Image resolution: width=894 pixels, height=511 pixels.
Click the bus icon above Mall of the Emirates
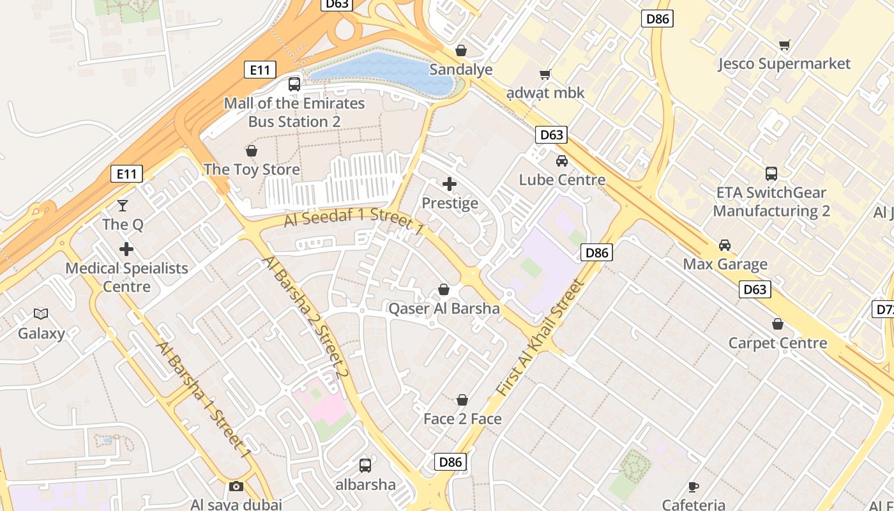point(294,84)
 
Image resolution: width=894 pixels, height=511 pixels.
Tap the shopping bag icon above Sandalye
point(460,50)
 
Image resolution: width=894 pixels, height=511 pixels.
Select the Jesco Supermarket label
point(784,64)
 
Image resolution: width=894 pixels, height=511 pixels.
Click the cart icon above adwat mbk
point(545,75)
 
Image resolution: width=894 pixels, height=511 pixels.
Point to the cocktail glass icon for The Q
point(123,205)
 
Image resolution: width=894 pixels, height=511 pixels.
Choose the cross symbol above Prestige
point(450,184)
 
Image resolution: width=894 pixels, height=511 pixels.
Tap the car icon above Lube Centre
point(561,161)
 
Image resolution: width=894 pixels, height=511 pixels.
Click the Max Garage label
point(725,264)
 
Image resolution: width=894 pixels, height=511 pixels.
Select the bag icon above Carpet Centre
point(777,324)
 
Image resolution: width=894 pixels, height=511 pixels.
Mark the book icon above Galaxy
point(41,314)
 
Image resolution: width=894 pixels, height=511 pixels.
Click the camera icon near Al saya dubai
point(236,486)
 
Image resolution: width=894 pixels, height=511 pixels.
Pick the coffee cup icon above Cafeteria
point(693,487)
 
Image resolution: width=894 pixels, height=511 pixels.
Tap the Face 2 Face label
point(462,419)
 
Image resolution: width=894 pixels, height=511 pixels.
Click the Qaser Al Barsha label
point(444,309)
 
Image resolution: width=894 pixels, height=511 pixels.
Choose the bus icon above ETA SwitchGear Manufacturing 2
point(771,173)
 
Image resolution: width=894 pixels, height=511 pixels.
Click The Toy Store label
point(252,170)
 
